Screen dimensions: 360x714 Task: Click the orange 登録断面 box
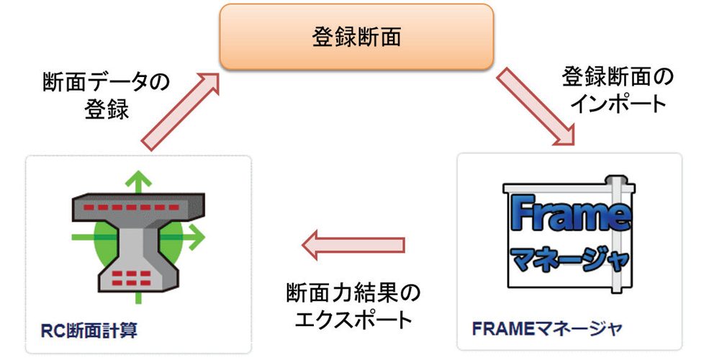click(x=356, y=37)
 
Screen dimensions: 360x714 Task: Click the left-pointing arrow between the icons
click(x=352, y=245)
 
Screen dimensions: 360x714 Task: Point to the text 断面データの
click(x=106, y=82)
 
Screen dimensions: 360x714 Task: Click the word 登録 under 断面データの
click(x=106, y=109)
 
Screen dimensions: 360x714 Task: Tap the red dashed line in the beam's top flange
click(x=137, y=207)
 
